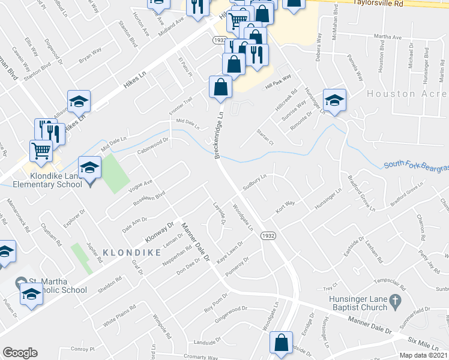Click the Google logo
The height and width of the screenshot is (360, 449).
tap(20, 353)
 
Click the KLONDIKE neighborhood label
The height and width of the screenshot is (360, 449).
tap(132, 253)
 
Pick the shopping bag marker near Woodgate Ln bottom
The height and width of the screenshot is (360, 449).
tap(282, 344)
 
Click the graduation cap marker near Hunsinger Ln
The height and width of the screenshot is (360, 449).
tap(334, 100)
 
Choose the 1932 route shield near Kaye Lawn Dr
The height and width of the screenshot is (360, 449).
tap(268, 236)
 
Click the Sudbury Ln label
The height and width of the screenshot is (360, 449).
tap(255, 182)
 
